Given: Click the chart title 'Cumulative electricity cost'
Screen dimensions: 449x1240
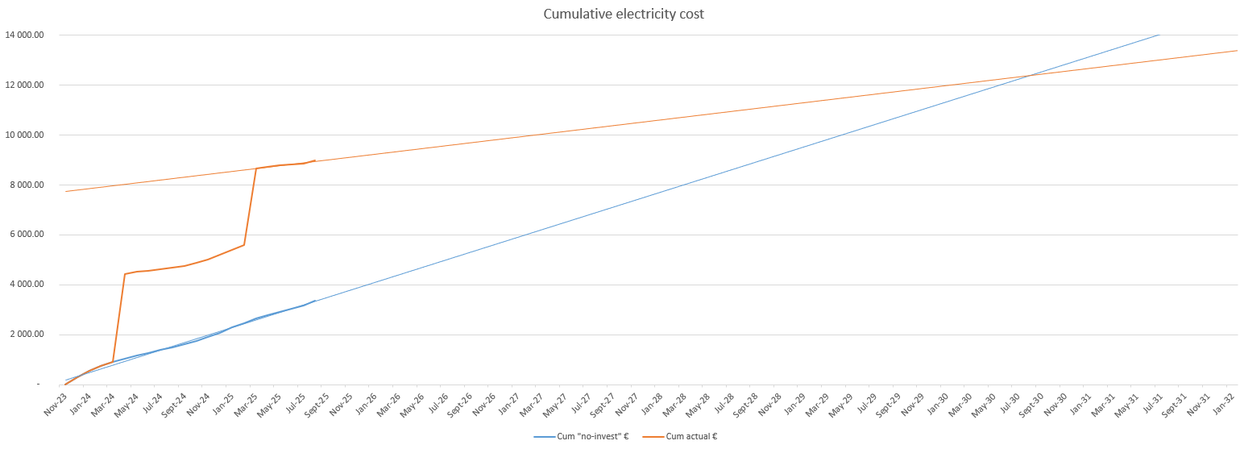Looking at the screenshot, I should click(x=624, y=14).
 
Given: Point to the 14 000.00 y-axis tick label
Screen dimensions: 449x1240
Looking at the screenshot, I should click(x=24, y=35).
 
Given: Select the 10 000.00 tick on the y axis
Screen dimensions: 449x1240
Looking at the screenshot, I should click(x=24, y=135).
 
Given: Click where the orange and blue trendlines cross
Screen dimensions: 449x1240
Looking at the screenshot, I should click(x=1027, y=76).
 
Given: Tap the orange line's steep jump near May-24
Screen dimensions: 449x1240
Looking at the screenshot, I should click(x=118, y=318).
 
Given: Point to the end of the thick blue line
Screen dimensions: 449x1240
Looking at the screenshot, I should click(x=315, y=301).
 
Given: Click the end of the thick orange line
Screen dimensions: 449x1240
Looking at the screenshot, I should click(x=315, y=160).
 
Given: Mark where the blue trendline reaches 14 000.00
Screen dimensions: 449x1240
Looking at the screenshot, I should click(x=1159, y=35).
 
